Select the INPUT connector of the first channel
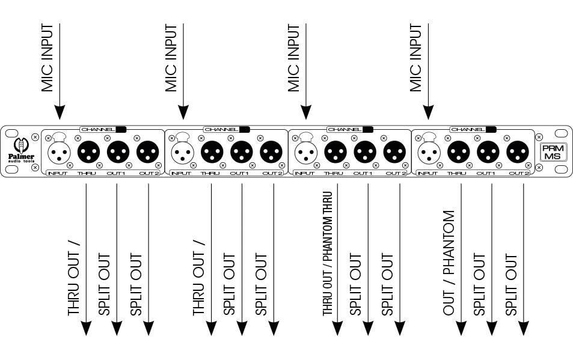click(59, 150)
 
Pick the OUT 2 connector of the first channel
click(148, 150)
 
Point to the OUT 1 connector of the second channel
click(242, 150)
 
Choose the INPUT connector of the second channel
click(182, 150)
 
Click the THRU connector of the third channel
click(336, 150)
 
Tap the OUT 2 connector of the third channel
click(394, 150)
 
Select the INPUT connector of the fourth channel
click(429, 150)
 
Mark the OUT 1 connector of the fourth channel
click(488, 150)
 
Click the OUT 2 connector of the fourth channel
click(518, 150)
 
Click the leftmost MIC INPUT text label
click(47, 58)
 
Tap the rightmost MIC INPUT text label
click(416, 58)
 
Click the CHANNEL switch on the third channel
click(367, 129)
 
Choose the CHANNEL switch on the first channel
click(121, 129)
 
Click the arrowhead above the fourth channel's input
click(428, 112)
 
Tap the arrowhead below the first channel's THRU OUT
click(86, 328)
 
